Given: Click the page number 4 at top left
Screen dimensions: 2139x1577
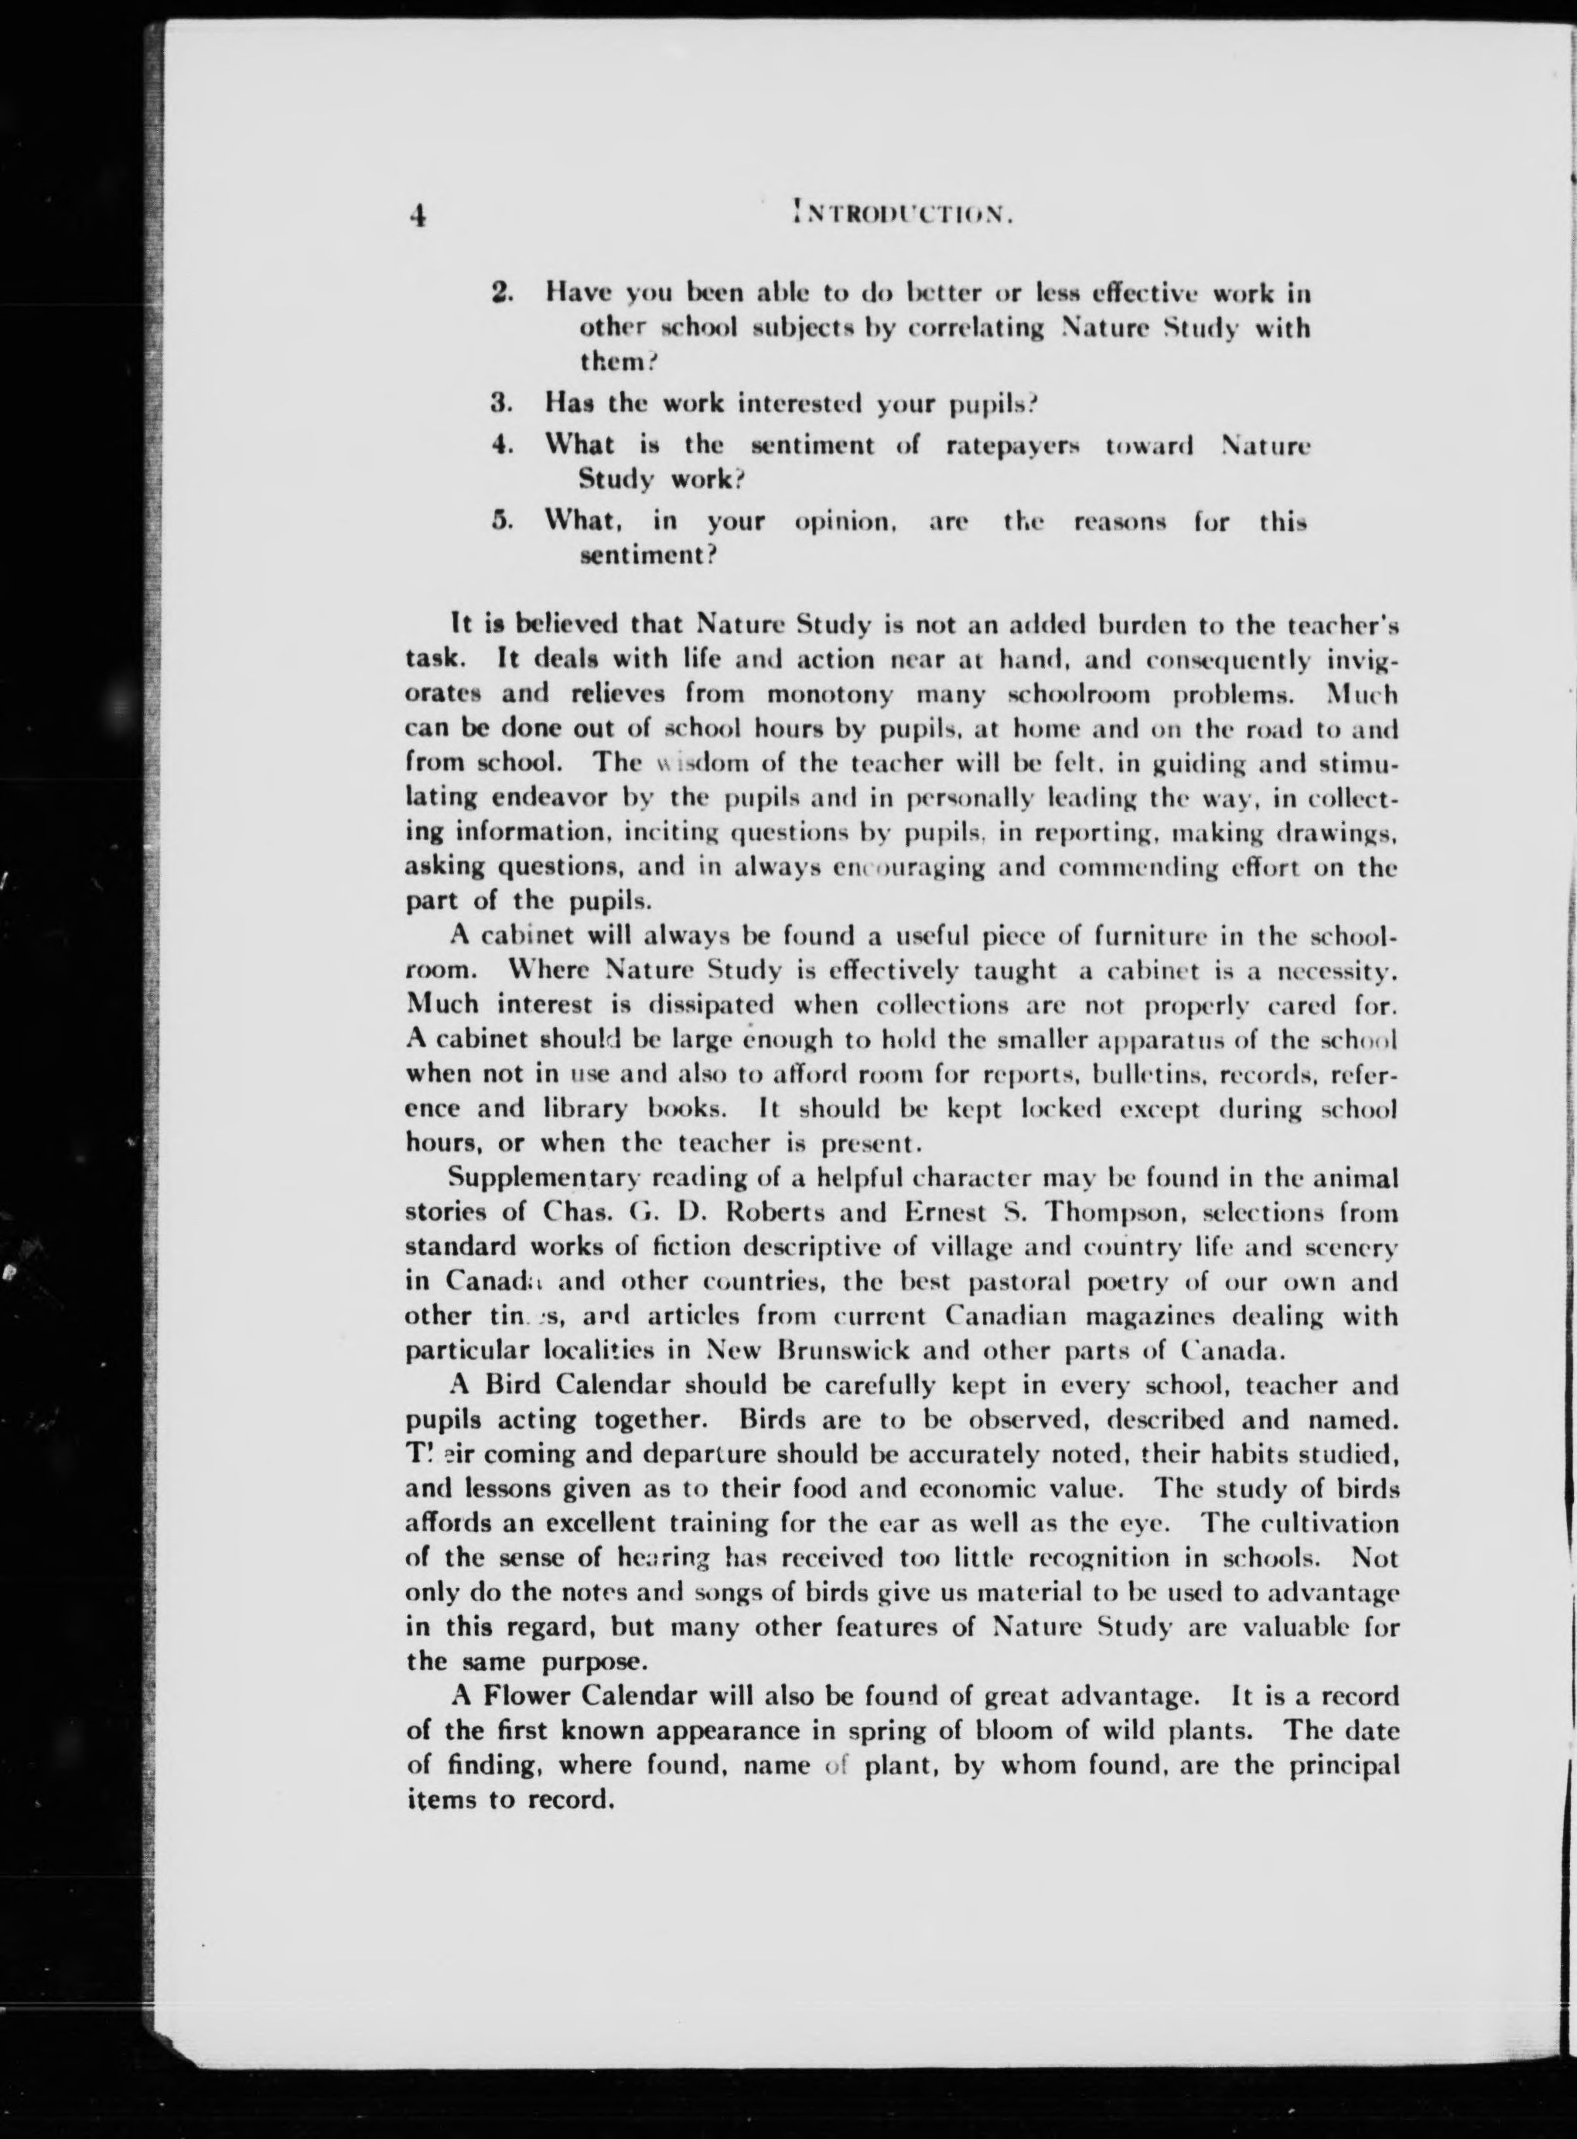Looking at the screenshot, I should click(417, 216).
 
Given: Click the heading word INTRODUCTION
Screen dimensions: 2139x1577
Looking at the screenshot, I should click(901, 215).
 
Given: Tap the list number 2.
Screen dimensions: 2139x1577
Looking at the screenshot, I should click(503, 293).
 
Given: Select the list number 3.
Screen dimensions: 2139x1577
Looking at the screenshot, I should click(503, 403).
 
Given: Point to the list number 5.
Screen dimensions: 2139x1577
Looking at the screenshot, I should click(503, 522).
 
